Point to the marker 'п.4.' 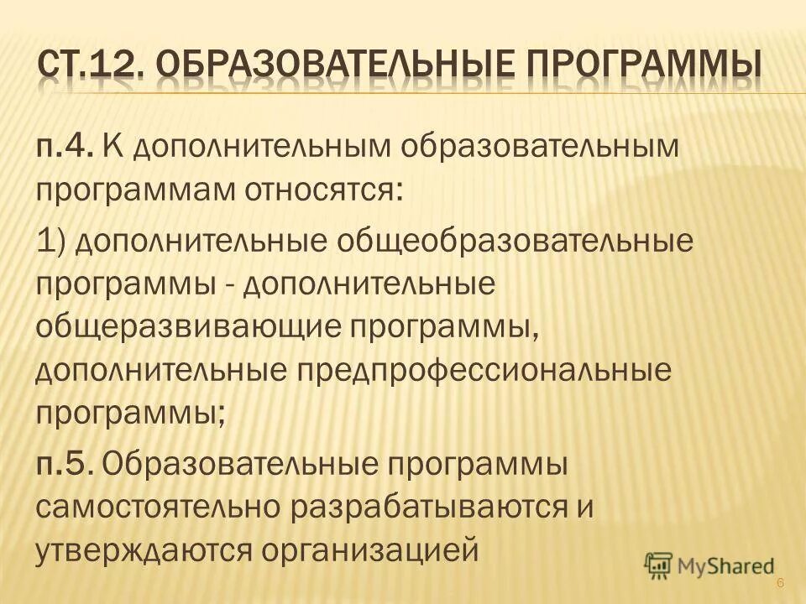pos(63,149)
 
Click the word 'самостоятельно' pos(156,506)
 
